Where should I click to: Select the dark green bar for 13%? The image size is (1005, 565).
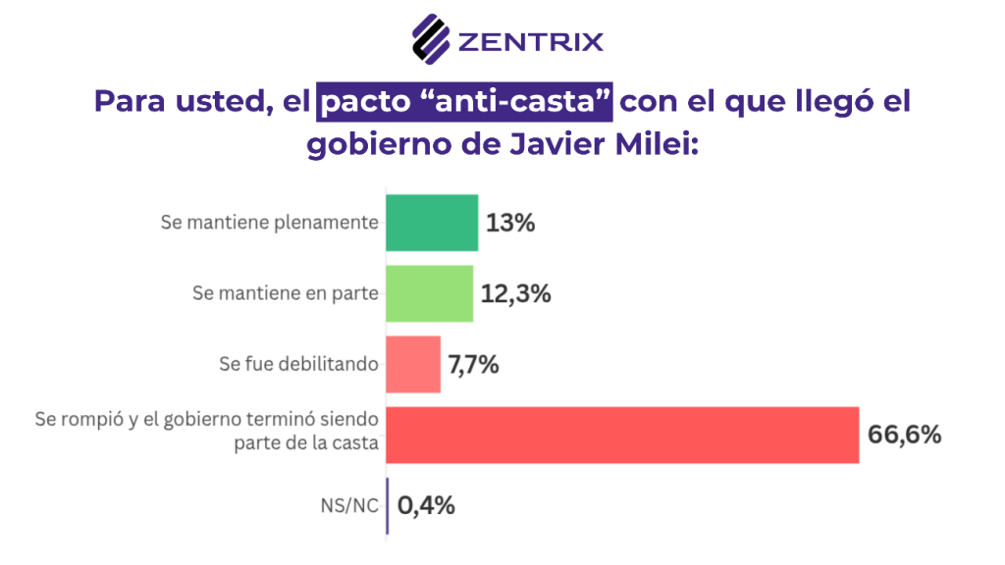point(431,223)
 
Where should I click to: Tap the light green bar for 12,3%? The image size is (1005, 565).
point(429,293)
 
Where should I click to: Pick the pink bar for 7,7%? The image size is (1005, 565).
point(412,364)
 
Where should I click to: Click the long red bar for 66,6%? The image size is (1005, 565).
point(621,435)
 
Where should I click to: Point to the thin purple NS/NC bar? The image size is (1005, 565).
point(388,505)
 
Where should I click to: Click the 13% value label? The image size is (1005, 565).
point(510,223)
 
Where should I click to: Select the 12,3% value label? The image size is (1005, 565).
point(515,293)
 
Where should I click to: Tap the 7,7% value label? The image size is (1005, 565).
point(474,365)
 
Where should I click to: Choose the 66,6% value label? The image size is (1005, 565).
point(904,435)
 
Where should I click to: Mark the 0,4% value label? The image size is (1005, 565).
point(426,505)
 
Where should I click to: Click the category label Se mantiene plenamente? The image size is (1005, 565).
point(269,223)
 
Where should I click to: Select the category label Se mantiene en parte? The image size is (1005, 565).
point(285,293)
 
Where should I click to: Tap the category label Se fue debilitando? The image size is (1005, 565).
point(298,364)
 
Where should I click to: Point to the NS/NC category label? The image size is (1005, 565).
point(350,506)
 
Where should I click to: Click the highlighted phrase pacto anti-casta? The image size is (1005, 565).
point(465,102)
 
